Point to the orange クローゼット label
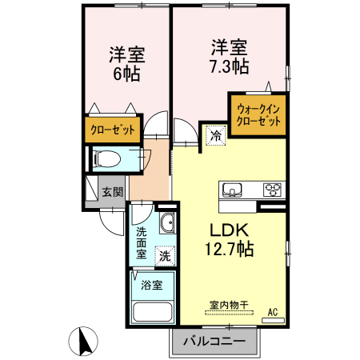click(112, 129)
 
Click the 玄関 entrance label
click(112, 192)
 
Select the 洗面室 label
click(141, 242)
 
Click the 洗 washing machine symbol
click(164, 256)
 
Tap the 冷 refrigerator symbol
click(214, 136)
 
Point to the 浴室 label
click(152, 285)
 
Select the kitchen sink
click(231, 190)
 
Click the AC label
click(273, 311)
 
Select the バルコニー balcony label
click(214, 343)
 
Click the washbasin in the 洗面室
click(168, 222)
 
